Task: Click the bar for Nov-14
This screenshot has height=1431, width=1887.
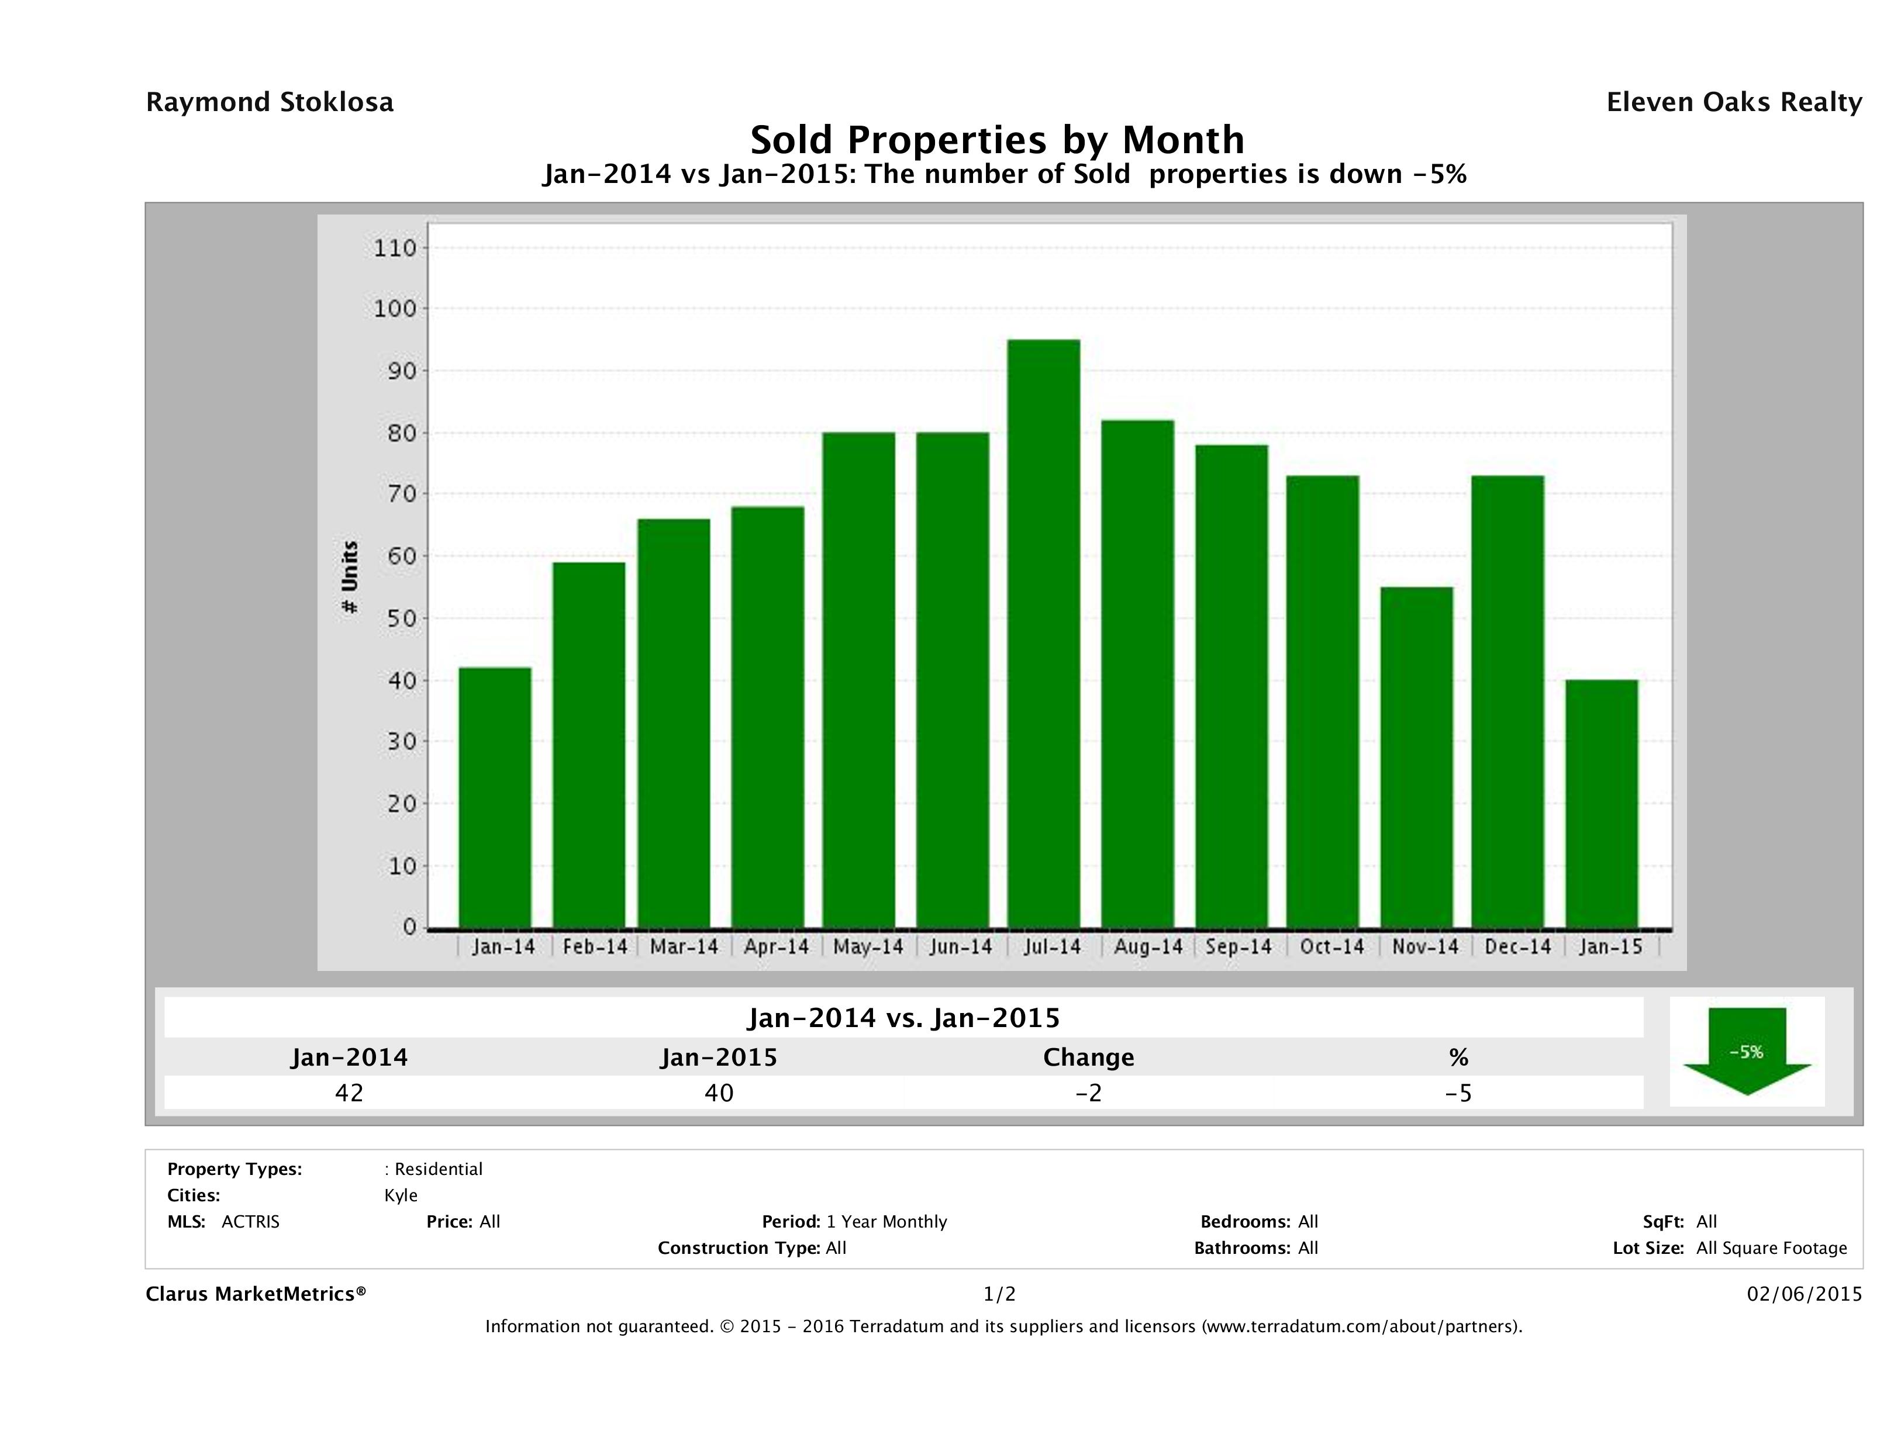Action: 1416,756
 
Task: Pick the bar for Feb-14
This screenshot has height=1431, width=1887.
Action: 589,745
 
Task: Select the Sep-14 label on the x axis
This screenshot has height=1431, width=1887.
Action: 1239,946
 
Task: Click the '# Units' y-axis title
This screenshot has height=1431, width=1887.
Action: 350,578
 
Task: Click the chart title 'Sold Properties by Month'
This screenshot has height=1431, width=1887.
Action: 996,139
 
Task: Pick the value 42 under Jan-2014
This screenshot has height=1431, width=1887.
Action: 349,1093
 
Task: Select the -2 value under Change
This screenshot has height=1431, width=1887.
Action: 1089,1093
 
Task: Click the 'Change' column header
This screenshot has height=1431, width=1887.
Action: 1089,1057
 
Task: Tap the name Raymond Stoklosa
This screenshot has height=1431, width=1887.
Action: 270,102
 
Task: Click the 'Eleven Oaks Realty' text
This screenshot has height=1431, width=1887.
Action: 1733,102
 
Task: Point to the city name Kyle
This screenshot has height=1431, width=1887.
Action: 401,1195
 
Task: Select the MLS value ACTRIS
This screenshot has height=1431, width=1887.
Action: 251,1222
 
